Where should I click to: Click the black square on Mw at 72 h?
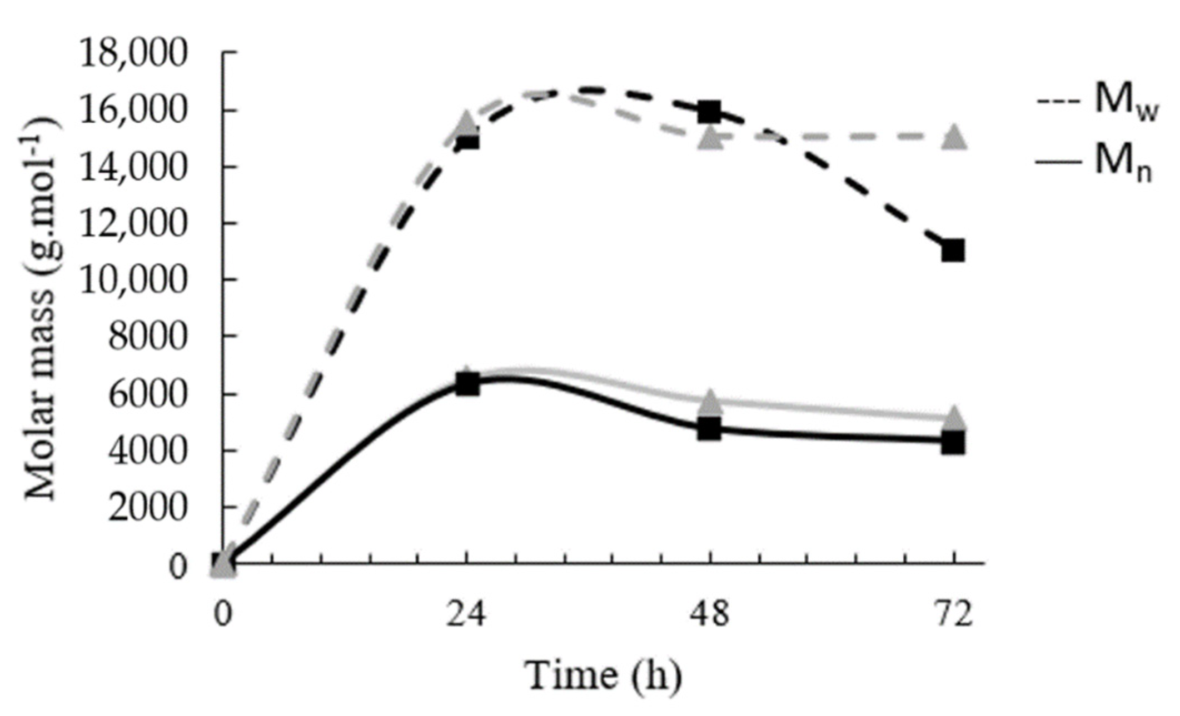[x=953, y=251]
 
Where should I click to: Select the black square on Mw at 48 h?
[x=710, y=112]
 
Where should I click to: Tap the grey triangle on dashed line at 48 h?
[x=710, y=137]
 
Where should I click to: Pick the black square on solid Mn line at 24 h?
[x=467, y=384]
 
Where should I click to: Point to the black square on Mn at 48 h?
[x=710, y=429]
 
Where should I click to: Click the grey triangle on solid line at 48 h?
[x=710, y=402]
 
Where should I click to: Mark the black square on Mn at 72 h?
[x=953, y=443]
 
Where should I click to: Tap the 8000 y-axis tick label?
[x=146, y=336]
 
